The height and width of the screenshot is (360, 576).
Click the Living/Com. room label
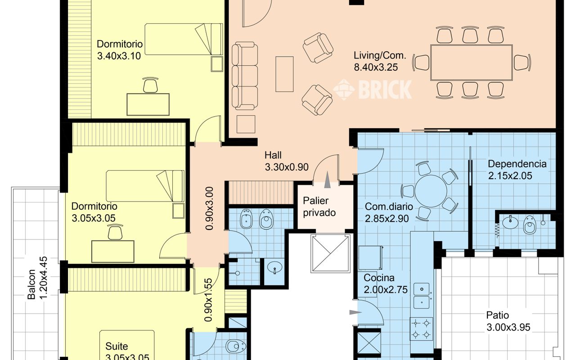[379, 55]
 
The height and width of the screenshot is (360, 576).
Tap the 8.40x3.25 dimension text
[376, 67]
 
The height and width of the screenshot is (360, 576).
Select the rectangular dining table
[471, 63]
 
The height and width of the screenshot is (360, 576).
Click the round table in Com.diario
[431, 191]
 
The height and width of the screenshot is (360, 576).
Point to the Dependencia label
[517, 164]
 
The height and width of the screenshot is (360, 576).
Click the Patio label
[498, 315]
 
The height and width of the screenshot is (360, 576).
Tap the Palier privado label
[319, 207]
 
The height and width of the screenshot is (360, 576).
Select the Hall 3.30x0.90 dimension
[287, 167]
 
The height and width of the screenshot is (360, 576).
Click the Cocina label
[379, 278]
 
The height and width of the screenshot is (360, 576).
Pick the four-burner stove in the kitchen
[421, 328]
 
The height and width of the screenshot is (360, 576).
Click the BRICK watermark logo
[373, 89]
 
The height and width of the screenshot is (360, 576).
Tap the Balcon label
[31, 284]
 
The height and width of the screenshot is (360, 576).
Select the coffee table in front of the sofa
[284, 74]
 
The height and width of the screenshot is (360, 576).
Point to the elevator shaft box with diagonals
[331, 253]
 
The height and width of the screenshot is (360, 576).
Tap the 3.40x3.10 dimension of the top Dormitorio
[119, 56]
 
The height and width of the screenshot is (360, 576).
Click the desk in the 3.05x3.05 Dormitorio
[113, 252]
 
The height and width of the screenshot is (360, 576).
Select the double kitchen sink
[422, 296]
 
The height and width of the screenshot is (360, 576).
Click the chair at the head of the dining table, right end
[522, 63]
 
